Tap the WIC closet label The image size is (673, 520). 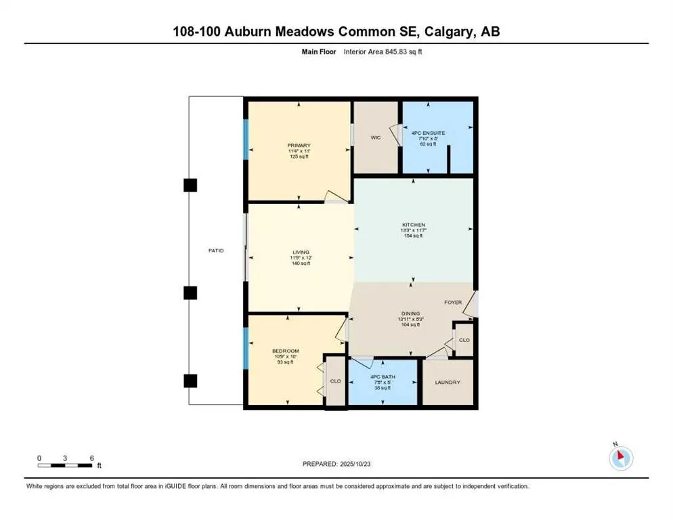pos(376,137)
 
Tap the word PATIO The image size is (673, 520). pos(216,251)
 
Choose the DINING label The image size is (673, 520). pos(410,313)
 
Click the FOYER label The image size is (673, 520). pos(453,302)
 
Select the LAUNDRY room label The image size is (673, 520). pos(448,383)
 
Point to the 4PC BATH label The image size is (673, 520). pos(383,377)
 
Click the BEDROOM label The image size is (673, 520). pos(286,351)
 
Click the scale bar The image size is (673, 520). pos(66,464)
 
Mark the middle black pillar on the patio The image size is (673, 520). pos(191,292)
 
